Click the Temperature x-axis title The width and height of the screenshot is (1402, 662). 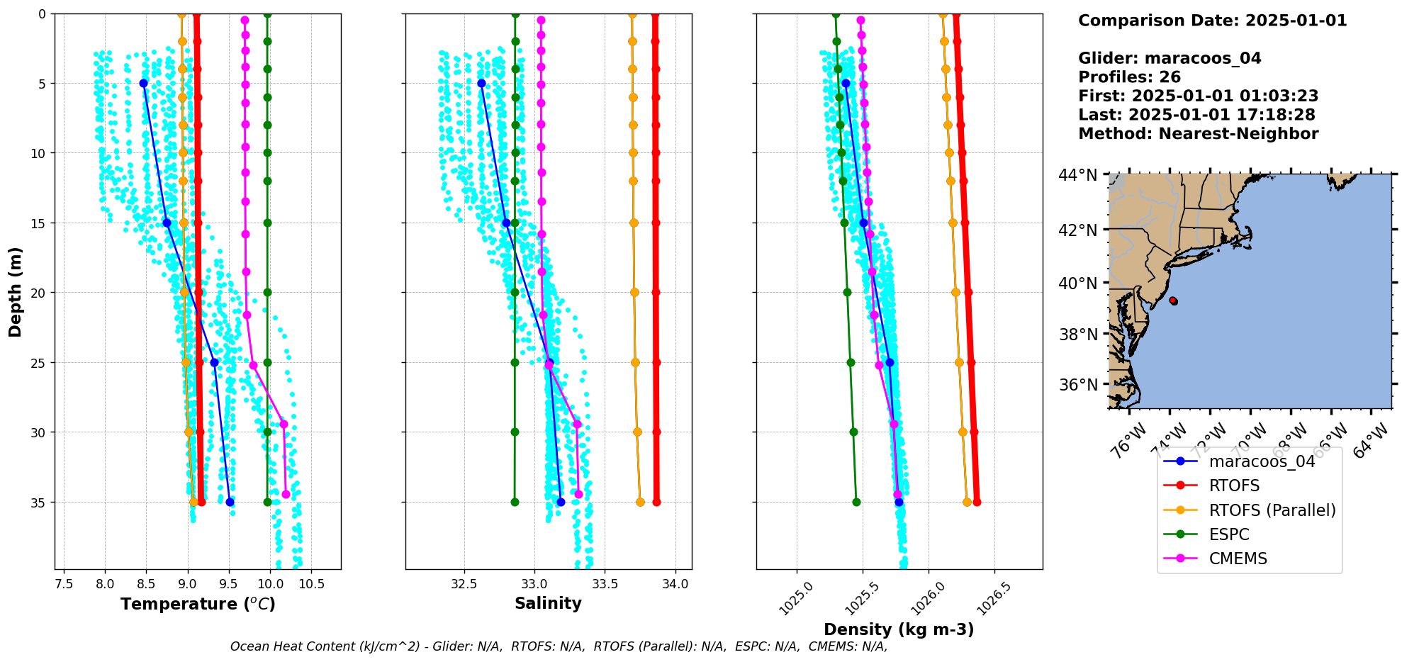point(198,604)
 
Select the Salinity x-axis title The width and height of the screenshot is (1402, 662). point(548,603)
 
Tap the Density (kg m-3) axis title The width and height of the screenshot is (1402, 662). point(899,629)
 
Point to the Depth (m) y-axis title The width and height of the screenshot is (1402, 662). point(16,291)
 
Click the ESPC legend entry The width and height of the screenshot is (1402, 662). point(1229,534)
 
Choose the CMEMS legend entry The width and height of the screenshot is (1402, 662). point(1238,559)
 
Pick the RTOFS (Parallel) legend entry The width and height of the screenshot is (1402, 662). point(1272,510)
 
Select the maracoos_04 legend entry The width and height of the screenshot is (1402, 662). point(1262,461)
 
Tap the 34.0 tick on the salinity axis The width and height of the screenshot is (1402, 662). point(675,584)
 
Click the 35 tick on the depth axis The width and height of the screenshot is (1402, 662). point(37,503)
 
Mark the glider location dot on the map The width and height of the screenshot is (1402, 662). point(1173,301)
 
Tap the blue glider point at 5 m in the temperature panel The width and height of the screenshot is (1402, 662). point(144,84)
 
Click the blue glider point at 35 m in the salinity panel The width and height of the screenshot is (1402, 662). point(561,503)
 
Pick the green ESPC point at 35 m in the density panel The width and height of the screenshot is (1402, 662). point(856,503)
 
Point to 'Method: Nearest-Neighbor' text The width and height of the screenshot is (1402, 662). point(1198,133)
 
